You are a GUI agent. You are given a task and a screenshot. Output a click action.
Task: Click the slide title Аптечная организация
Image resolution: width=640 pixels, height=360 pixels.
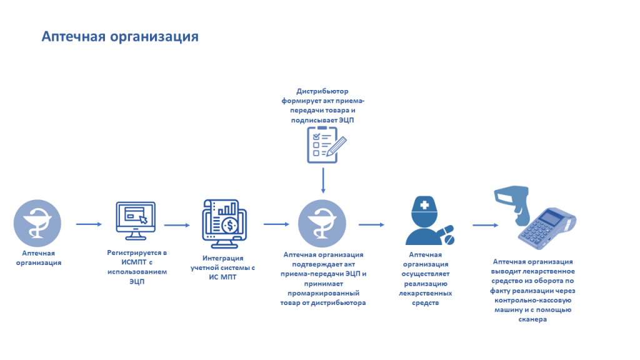120,36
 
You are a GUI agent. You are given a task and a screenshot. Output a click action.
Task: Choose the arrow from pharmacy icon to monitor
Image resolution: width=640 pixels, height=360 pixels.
88,224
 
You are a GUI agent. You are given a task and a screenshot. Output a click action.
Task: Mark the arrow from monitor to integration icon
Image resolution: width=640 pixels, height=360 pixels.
176,224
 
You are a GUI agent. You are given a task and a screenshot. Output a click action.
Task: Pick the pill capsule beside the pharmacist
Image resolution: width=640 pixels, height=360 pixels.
448,237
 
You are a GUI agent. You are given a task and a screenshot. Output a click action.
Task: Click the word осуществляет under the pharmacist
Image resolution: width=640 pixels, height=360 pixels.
425,273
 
